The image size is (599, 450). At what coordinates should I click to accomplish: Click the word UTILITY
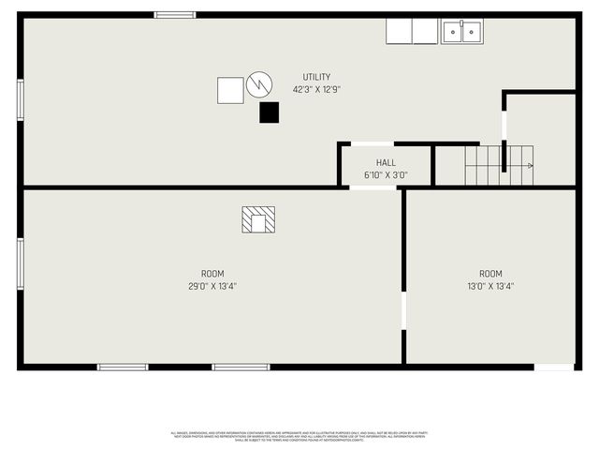tap(315, 77)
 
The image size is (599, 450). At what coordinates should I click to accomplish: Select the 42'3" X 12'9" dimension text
tap(315, 90)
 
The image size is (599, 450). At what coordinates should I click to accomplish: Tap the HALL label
tap(386, 162)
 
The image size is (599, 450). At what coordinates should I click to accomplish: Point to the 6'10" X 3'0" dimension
tap(386, 175)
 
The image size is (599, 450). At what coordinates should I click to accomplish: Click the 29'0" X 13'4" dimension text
tap(212, 287)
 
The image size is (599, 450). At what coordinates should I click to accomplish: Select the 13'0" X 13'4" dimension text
tap(490, 287)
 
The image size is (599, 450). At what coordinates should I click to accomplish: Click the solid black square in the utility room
tap(270, 112)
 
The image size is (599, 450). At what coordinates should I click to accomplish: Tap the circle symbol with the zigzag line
tap(259, 85)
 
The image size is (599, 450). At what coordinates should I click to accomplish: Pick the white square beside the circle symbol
tap(230, 90)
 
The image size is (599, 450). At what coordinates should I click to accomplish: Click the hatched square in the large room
tap(258, 219)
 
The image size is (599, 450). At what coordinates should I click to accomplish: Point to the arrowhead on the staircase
tap(531, 166)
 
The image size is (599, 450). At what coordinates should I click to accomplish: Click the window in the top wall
tap(175, 15)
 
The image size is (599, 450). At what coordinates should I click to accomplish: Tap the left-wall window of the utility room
tap(20, 99)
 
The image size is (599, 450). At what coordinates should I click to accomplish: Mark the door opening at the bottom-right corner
tap(554, 367)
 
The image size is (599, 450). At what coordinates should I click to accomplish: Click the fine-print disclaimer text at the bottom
tap(299, 436)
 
